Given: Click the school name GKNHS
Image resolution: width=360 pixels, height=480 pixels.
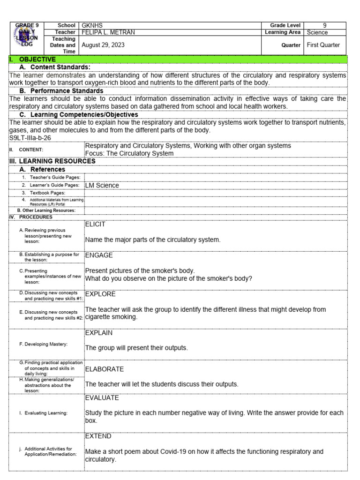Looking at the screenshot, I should click(x=93, y=25).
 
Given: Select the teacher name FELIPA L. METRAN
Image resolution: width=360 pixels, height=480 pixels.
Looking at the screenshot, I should click(x=110, y=32).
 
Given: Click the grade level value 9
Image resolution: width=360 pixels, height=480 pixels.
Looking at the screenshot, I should click(x=325, y=25).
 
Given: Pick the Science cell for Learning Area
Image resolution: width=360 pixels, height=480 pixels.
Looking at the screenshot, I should click(x=317, y=32).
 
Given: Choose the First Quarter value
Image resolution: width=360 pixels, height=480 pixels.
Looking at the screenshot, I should click(x=324, y=45).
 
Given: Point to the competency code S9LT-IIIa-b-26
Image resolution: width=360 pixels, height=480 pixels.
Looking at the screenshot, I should click(x=30, y=138).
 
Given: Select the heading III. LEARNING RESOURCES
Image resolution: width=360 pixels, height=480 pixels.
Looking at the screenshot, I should click(x=52, y=161).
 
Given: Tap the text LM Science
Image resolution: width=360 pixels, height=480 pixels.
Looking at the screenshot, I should click(x=102, y=185).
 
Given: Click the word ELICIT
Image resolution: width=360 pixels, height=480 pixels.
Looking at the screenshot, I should click(x=95, y=225).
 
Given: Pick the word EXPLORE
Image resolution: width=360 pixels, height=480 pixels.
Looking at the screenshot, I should click(x=100, y=294).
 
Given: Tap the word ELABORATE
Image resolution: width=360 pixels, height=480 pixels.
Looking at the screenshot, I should click(x=104, y=369).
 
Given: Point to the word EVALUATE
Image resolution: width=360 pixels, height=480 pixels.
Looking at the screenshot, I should click(x=102, y=397).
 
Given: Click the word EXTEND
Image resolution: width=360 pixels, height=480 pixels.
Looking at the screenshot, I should click(x=98, y=436).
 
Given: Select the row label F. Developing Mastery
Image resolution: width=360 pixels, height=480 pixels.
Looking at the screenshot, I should click(x=43, y=344).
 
